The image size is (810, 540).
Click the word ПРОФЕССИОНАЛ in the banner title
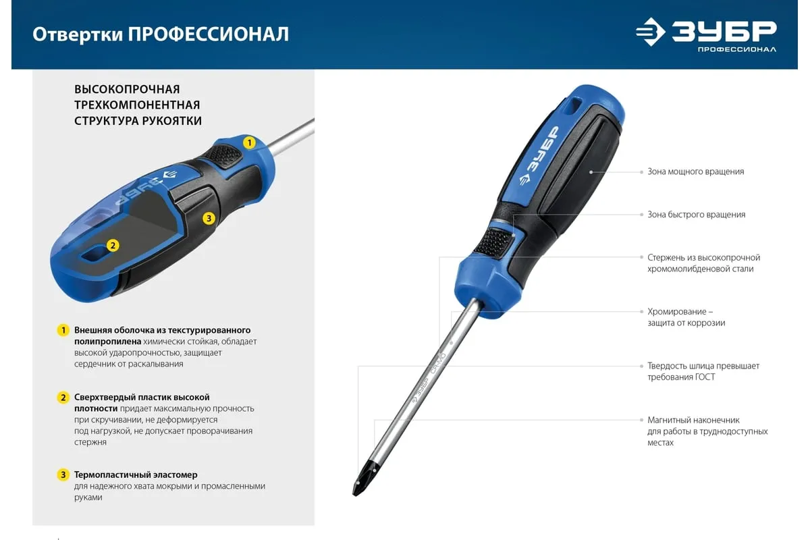click(x=209, y=34)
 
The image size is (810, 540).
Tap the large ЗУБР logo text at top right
click(x=724, y=32)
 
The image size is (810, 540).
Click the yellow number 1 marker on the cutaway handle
click(x=249, y=143)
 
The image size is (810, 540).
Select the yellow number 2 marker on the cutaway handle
click(x=113, y=246)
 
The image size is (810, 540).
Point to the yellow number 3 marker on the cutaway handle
click(x=209, y=218)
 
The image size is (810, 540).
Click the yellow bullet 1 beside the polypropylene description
click(x=63, y=330)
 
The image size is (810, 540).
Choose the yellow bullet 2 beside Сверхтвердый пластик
click(x=63, y=398)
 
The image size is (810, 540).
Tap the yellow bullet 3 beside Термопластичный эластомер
click(x=63, y=475)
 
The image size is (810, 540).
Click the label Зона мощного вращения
click(x=696, y=172)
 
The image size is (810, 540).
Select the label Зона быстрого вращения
click(x=697, y=215)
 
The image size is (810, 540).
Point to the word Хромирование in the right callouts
click(x=677, y=312)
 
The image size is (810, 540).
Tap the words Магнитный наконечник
click(x=693, y=421)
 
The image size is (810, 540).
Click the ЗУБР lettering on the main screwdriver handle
click(x=543, y=148)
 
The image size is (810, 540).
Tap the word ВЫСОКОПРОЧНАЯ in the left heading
click(x=127, y=89)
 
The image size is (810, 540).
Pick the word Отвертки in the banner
click(x=78, y=35)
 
